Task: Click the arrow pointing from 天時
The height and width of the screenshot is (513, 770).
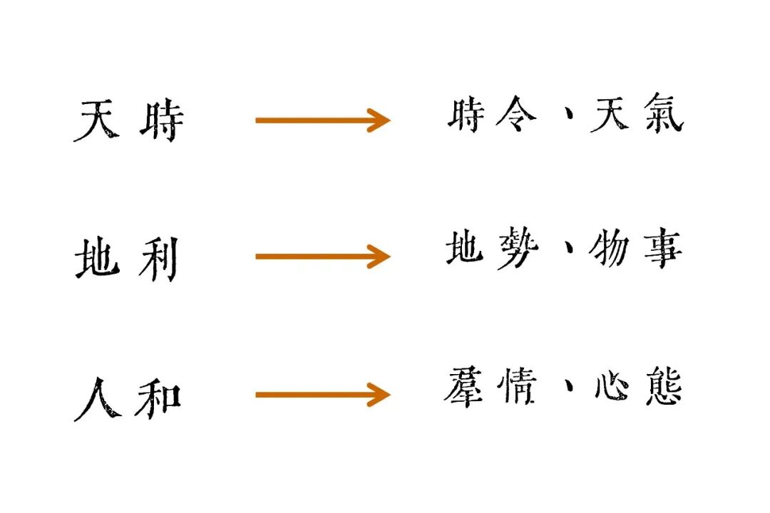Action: coord(322,120)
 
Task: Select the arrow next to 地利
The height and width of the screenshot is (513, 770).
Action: coord(322,256)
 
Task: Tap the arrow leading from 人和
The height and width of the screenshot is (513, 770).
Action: coord(322,394)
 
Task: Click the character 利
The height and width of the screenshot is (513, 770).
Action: coord(158,259)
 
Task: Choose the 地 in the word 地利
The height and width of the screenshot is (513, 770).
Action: coord(97,259)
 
